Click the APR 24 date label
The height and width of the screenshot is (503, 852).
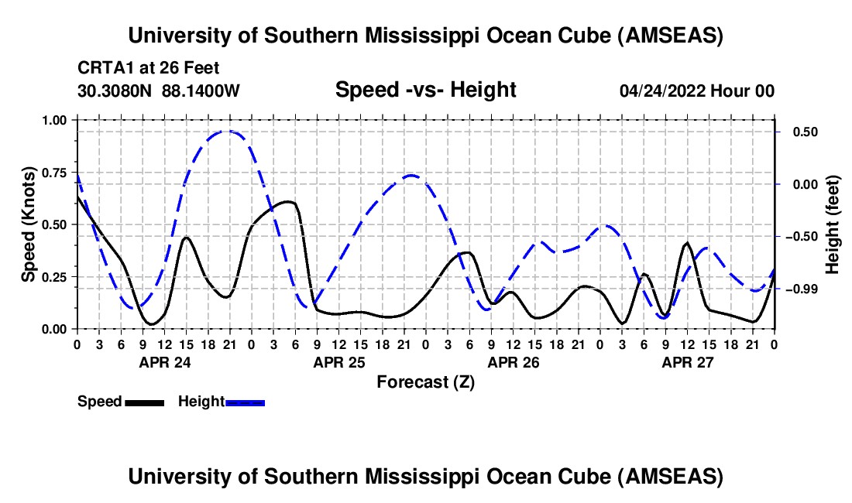click(165, 361)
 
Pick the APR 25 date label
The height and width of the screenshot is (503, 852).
click(339, 361)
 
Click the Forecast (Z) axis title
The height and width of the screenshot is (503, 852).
click(425, 382)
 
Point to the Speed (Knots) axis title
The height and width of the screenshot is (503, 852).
click(28, 224)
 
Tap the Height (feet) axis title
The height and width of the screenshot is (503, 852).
click(833, 224)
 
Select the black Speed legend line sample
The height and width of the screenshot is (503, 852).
click(144, 402)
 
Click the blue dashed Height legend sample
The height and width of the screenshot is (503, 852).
click(246, 402)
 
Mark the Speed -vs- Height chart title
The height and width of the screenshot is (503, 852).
click(425, 90)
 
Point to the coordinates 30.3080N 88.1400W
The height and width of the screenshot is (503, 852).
click(159, 91)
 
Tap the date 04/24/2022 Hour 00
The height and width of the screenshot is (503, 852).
click(696, 91)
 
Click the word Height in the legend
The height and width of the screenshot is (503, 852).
click(201, 402)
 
